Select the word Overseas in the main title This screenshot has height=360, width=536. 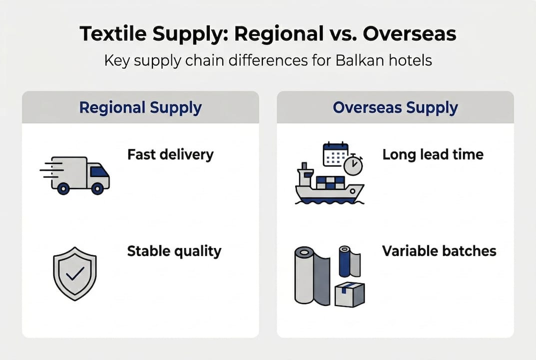(x=409, y=34)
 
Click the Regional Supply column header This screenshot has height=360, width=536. (x=140, y=107)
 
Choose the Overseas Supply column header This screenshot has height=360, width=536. (x=395, y=107)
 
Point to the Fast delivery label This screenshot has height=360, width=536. (x=170, y=154)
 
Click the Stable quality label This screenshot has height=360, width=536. (x=174, y=250)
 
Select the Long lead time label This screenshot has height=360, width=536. (x=433, y=154)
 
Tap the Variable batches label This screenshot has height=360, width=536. (x=439, y=250)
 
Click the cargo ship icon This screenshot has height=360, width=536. (x=327, y=187)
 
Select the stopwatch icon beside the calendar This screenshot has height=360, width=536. (x=355, y=164)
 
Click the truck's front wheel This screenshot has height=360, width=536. (x=98, y=188)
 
